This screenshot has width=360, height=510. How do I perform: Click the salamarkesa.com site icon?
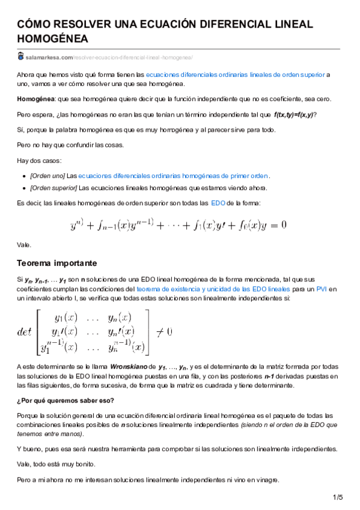coord(20,57)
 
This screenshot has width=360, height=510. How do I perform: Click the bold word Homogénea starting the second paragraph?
coord(35,99)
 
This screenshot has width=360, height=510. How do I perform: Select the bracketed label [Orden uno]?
coord(47,176)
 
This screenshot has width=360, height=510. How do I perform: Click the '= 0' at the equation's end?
coord(276,225)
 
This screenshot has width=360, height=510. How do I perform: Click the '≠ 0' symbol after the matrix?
coord(164,331)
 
